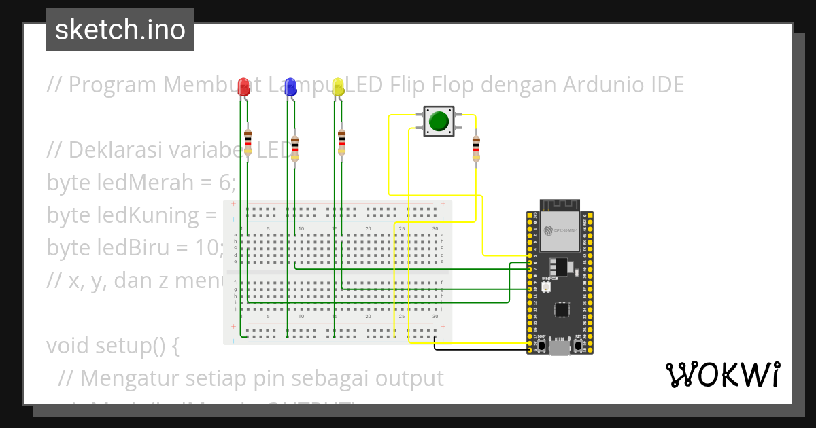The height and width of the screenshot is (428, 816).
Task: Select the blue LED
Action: (291, 86)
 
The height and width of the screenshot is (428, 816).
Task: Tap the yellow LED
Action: (337, 86)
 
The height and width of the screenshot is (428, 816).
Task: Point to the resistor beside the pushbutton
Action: (476, 149)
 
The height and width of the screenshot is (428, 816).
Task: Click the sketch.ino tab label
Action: (120, 30)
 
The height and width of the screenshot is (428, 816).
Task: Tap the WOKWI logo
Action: (722, 375)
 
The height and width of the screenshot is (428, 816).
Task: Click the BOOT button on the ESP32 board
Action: (542, 345)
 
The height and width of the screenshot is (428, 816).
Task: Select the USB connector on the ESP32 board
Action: (560, 348)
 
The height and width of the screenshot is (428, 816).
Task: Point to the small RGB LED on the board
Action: (546, 289)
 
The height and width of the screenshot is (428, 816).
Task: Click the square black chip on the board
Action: (562, 309)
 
